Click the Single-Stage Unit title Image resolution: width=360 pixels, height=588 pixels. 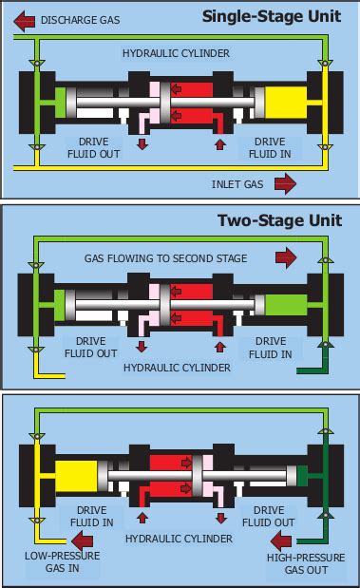pos(272,16)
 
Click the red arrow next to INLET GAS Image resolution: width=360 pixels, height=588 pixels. pos(284,182)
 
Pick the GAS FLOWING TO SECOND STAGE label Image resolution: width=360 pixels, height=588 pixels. pos(165,257)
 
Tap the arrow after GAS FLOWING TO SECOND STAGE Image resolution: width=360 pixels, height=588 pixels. pos(284,257)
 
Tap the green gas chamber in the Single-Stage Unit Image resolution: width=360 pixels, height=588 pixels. pos(63,101)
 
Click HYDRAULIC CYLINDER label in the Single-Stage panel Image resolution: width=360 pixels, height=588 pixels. pos(176,54)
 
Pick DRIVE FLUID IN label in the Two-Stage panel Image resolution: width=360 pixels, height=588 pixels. pos(271,347)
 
